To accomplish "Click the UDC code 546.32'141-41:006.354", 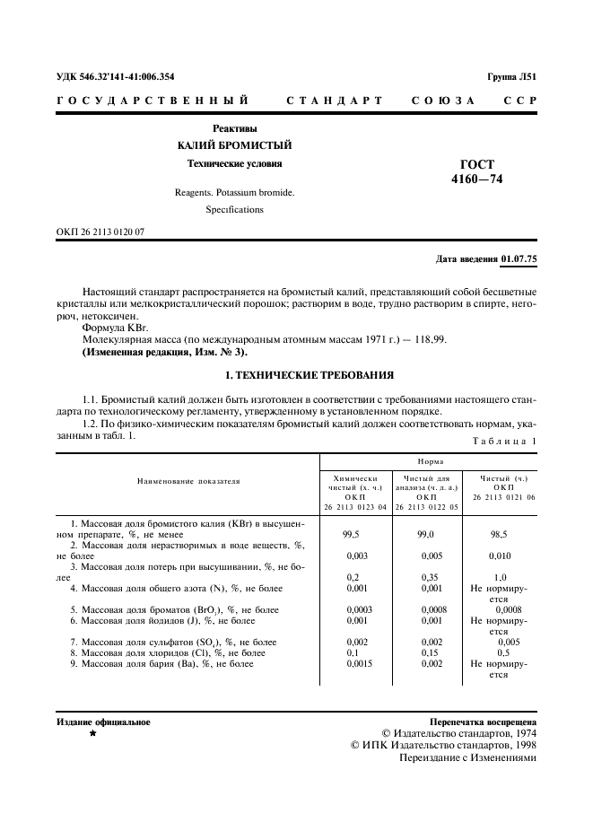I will click(x=126, y=77).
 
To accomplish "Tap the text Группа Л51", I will click(x=510, y=77).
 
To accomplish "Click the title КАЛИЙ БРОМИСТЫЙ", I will click(x=233, y=145).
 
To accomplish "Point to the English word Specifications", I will click(x=234, y=209).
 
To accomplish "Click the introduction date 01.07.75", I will click(x=519, y=258).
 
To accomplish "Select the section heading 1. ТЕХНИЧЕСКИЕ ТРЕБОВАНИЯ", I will click(x=296, y=374).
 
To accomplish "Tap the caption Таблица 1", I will click(x=503, y=442).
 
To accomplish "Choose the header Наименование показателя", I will click(x=188, y=482).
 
